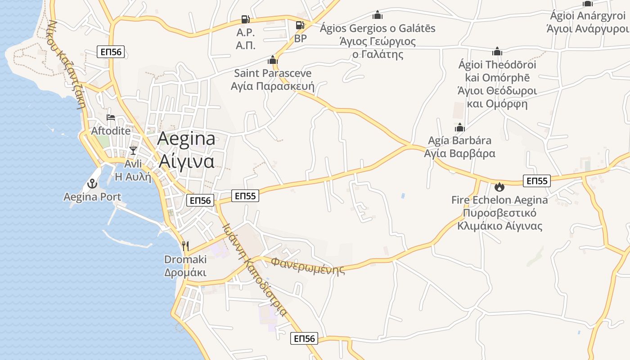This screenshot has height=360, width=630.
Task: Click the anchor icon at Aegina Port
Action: coord(92,184)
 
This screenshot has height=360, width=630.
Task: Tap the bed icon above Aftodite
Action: coord(111,118)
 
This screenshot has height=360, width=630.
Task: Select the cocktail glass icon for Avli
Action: coord(133,150)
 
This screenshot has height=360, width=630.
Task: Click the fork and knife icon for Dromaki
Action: coord(185,246)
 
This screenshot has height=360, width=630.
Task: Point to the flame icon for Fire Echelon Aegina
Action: coord(499,186)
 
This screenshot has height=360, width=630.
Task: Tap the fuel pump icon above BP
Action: coord(300,25)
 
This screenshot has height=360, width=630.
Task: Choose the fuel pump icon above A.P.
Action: coord(246,19)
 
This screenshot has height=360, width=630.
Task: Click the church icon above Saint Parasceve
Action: coord(272,60)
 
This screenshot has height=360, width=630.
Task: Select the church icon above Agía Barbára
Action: coord(459,127)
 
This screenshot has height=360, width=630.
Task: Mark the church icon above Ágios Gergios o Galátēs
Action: coord(378,15)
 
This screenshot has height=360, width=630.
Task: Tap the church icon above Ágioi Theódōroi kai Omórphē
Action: coord(497,51)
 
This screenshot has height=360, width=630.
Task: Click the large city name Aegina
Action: coord(186,139)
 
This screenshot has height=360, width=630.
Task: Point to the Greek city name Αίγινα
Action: coord(186,161)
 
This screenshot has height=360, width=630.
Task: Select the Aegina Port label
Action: coord(92,197)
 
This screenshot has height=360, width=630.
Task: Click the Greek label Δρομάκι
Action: coord(185,273)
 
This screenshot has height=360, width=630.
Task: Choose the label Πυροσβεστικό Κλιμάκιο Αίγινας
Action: coord(499,219)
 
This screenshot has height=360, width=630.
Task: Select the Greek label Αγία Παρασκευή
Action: coord(272,86)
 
